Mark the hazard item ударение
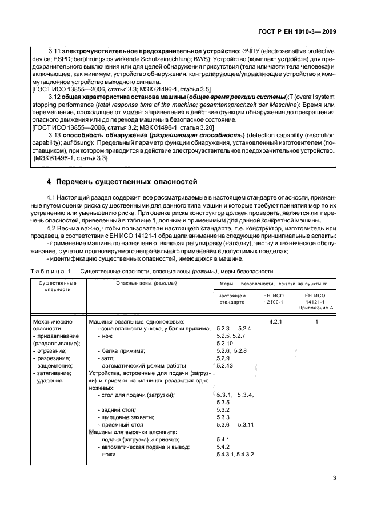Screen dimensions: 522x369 point(50,380)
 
